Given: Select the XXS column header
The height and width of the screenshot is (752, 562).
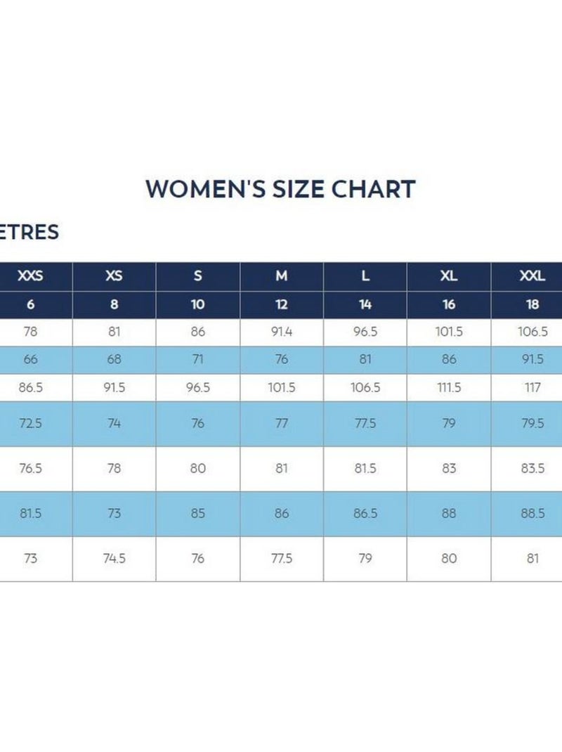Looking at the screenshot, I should (x=30, y=276).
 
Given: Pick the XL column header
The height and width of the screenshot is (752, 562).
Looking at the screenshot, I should (x=449, y=276).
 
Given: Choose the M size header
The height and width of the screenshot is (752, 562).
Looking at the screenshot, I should (x=282, y=276).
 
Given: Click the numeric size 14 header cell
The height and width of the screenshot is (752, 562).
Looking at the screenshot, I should (x=365, y=304).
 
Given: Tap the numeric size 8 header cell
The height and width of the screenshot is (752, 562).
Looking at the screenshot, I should (x=114, y=304).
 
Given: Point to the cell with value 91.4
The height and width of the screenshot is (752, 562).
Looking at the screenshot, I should (x=282, y=332).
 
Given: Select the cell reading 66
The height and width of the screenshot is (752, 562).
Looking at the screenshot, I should (x=30, y=359).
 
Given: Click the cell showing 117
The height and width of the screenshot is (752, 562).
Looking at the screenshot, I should (x=532, y=387).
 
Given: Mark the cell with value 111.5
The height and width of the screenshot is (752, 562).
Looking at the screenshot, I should (x=449, y=387).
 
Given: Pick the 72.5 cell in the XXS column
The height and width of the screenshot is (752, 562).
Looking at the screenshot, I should (x=30, y=424).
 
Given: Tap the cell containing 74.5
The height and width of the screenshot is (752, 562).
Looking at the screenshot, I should (x=114, y=559).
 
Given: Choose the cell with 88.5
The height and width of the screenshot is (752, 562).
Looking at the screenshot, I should (x=532, y=514).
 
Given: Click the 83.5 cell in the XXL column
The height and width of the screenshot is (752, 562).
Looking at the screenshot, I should (x=532, y=469).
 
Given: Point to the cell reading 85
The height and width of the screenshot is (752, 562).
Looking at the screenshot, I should (x=198, y=514).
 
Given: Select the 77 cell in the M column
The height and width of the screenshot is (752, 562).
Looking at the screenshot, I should (x=282, y=424).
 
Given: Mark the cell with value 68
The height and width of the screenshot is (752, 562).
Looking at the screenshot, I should (x=114, y=359).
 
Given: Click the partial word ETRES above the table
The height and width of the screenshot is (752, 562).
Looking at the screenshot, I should (x=30, y=232).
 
